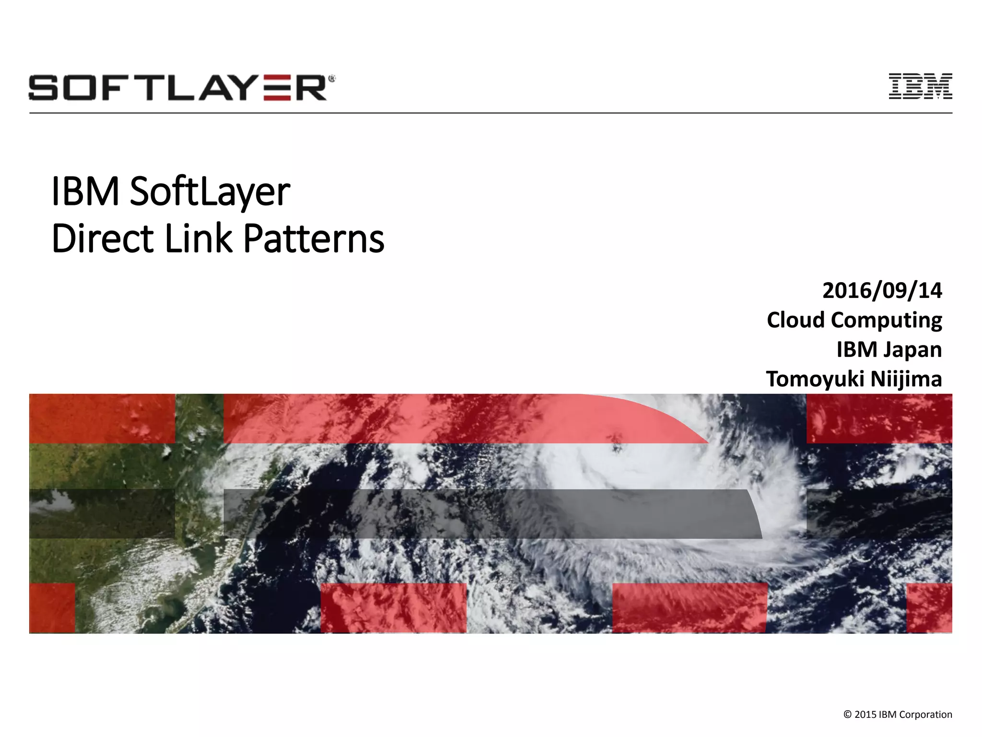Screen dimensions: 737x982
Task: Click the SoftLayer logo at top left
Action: pyautogui.click(x=181, y=88)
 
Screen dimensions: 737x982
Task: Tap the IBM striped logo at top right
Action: pyautogui.click(x=920, y=87)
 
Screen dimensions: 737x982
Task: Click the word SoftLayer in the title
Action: pyautogui.click(x=210, y=192)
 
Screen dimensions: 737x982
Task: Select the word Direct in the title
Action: pyautogui.click(x=103, y=238)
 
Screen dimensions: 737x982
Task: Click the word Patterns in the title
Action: pyautogui.click(x=314, y=238)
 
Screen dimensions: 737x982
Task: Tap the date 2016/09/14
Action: pyautogui.click(x=882, y=291)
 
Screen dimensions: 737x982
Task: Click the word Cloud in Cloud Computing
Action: pyautogui.click(x=795, y=320)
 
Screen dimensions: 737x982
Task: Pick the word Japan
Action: pyautogui.click(x=913, y=350)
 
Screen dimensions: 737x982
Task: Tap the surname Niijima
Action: pyautogui.click(x=906, y=379)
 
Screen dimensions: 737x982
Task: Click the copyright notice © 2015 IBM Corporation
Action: pyautogui.click(x=897, y=714)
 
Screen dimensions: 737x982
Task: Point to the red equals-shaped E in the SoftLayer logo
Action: pyautogui.click(x=277, y=88)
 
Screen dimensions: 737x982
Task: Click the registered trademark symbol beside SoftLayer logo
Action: pyautogui.click(x=331, y=78)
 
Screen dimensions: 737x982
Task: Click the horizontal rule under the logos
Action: pyautogui.click(x=491, y=113)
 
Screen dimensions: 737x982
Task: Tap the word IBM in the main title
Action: pyautogui.click(x=85, y=192)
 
